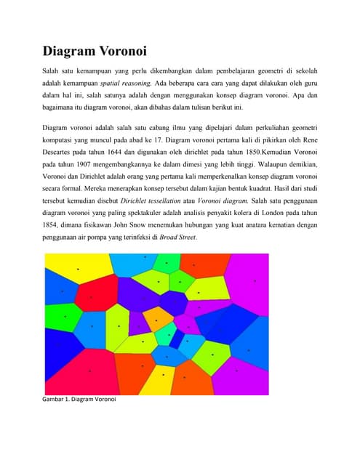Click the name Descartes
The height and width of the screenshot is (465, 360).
(59, 153)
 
